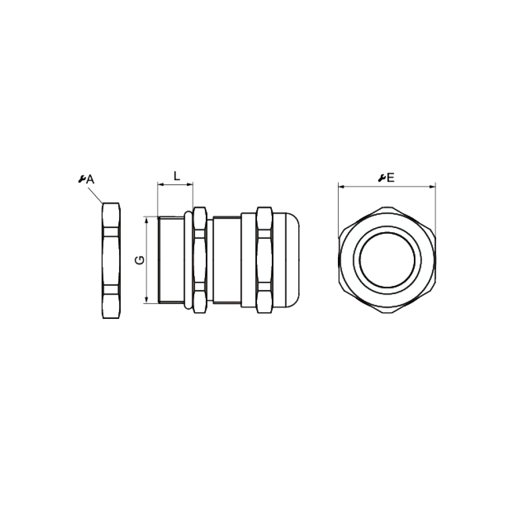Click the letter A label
point(90,180)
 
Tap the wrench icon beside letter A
point(82,179)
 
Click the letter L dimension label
point(177,176)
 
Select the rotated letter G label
point(140,260)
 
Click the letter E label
point(391,178)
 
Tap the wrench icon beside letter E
point(382,178)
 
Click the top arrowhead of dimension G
point(147,219)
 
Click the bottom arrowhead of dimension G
point(147,300)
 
